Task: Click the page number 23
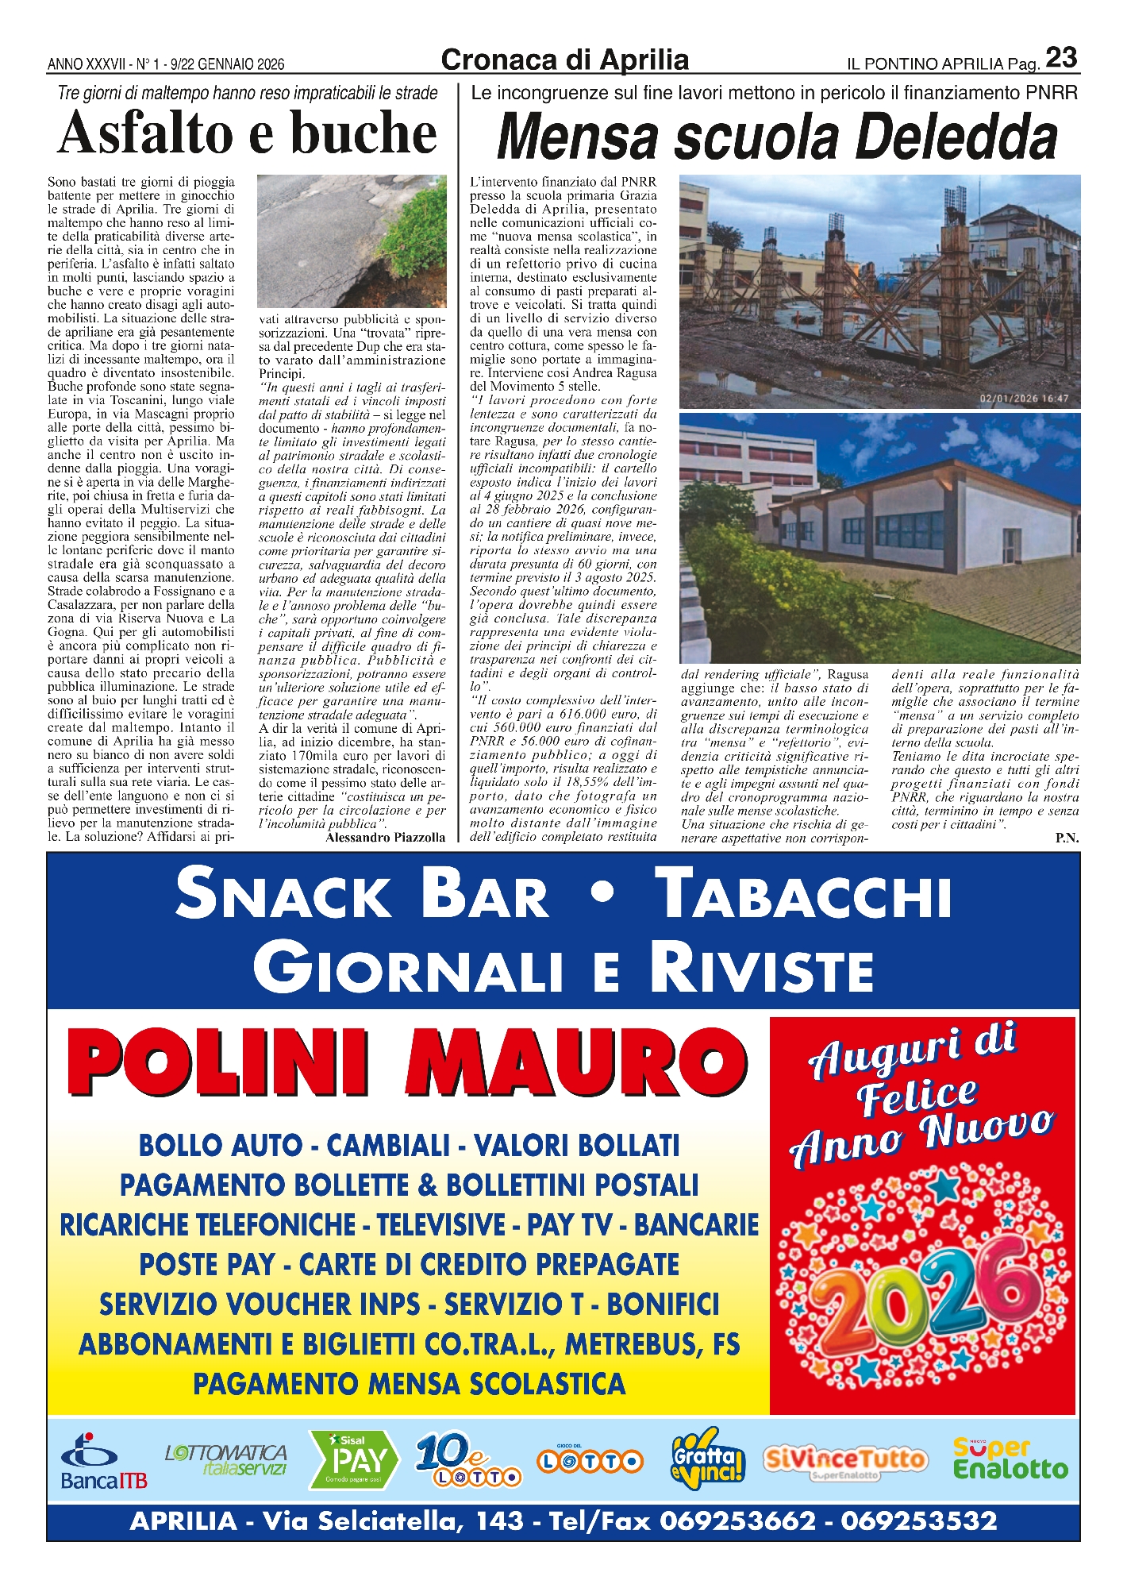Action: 1060,58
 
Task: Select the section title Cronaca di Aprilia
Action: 564,60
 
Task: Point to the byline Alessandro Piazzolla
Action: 386,837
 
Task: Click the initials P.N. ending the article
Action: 1067,838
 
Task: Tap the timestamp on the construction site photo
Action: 1024,399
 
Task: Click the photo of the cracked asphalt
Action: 352,241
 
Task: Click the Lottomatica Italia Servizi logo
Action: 226,1459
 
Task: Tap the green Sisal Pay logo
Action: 355,1459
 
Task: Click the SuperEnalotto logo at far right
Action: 1010,1459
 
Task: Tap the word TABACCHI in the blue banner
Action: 806,895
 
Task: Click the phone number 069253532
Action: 918,1521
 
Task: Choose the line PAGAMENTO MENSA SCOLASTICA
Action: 409,1384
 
